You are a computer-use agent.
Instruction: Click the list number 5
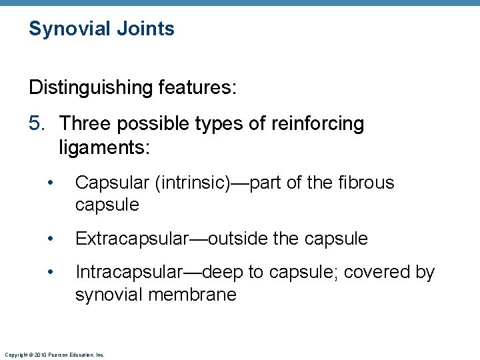pos(38,124)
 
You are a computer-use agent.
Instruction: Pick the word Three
pos(85,124)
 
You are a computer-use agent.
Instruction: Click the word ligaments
pos(104,147)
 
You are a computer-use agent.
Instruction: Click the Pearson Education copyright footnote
pos(54,355)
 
